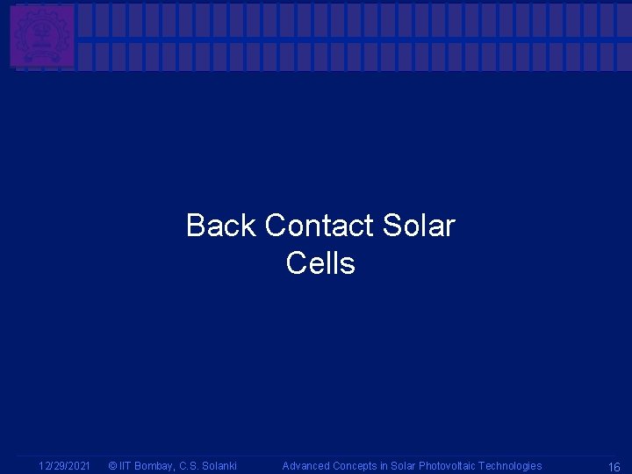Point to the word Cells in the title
click(320, 263)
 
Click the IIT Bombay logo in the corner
click(42, 35)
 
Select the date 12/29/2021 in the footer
click(65, 466)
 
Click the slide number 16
click(614, 467)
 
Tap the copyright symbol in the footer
click(112, 466)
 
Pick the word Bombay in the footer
click(154, 466)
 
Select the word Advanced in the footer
click(305, 466)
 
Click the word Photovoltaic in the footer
click(447, 466)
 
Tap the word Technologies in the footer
click(510, 466)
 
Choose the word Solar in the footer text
click(403, 466)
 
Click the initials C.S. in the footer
click(190, 466)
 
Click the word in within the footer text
click(385, 466)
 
